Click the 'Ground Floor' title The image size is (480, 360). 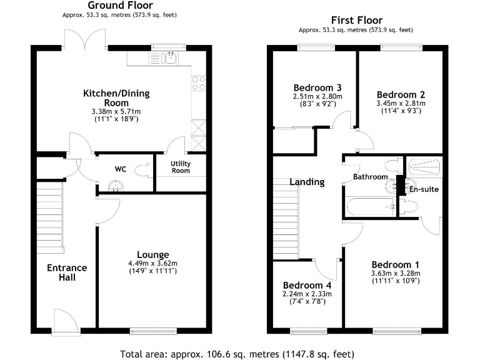tap(111, 6)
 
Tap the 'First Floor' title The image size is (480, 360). tap(356, 21)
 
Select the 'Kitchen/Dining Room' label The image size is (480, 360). tap(116, 98)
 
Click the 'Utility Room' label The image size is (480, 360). tap(181, 167)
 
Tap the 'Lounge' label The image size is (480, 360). tap(153, 254)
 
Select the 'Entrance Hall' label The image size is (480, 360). tap(67, 272)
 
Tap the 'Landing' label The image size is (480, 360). tap(307, 182)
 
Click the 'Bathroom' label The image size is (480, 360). tap(370, 177)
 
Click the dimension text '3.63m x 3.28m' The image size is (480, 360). tap(396, 272)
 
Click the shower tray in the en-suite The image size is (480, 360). tap(424, 166)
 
